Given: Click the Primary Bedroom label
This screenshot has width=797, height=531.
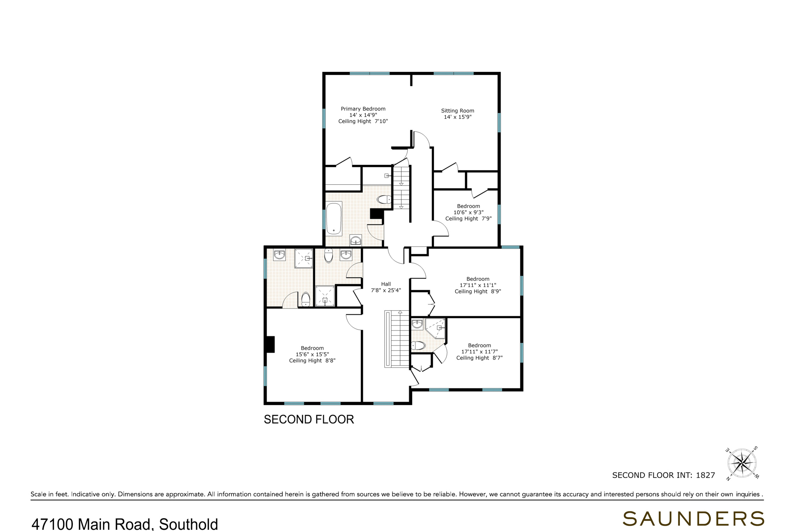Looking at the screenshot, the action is click(363, 109).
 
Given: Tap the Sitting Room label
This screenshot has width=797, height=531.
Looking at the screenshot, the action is click(458, 111).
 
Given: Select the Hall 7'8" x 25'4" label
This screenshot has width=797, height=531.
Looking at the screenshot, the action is click(386, 287).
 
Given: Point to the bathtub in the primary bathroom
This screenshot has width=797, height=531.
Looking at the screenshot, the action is click(334, 218).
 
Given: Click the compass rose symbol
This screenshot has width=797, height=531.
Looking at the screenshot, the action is click(742, 463).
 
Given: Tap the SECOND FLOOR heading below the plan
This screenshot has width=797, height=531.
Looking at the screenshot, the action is click(309, 419).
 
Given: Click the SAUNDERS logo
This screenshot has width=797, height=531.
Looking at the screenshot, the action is click(693, 519).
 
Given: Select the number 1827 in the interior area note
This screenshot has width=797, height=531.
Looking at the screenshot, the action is click(706, 475).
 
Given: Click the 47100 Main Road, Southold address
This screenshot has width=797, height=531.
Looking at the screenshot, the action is click(125, 524).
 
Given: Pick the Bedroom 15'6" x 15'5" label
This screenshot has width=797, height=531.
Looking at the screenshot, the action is click(312, 354).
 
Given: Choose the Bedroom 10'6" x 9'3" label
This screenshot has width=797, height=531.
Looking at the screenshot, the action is click(469, 212).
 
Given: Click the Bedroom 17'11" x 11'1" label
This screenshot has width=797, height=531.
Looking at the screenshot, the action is click(478, 285).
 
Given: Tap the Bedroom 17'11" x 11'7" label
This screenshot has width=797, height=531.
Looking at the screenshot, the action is click(479, 352).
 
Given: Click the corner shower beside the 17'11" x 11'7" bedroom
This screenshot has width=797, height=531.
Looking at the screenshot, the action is click(435, 328).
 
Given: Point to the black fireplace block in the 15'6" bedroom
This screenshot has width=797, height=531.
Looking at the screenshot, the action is click(270, 344).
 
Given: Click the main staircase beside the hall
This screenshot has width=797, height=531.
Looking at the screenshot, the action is click(397, 339).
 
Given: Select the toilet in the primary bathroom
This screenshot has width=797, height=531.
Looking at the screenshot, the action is click(384, 200).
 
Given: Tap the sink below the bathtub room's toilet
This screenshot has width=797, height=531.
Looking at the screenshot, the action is click(356, 240).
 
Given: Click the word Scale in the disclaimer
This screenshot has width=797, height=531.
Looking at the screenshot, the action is click(39, 494).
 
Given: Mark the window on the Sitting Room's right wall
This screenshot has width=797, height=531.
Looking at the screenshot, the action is click(499, 123).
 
